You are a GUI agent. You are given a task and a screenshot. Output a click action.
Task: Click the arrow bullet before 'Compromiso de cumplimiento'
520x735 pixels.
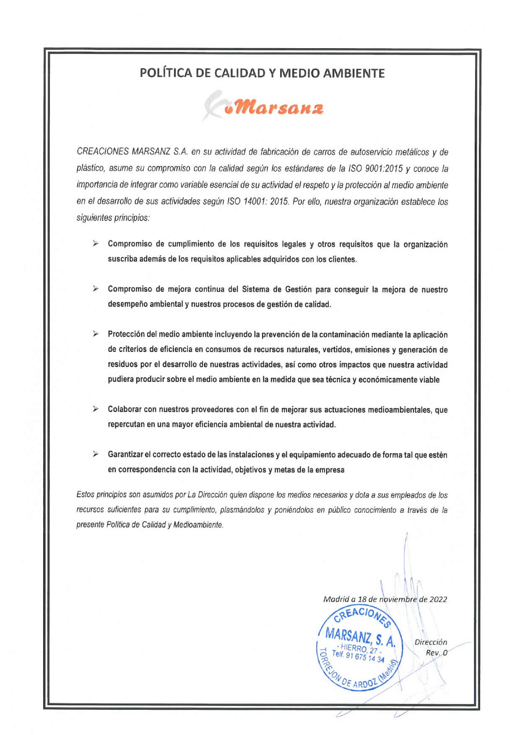point(96,244)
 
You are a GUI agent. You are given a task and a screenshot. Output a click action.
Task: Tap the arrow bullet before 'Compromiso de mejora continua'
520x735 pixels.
point(96,289)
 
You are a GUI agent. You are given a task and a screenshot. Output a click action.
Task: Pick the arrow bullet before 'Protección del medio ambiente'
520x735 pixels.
point(96,334)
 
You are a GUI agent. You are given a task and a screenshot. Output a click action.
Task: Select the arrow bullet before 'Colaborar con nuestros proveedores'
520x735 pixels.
point(96,409)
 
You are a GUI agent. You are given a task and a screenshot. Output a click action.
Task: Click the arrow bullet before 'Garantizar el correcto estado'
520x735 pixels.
point(96,454)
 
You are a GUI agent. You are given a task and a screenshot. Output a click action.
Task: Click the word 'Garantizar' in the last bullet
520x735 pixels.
point(125,455)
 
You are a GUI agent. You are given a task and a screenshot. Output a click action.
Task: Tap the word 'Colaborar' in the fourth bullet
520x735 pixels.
point(125,409)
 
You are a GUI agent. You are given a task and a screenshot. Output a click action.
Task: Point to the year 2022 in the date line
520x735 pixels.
point(438,599)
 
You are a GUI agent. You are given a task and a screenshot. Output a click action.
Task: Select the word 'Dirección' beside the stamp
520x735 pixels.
point(431,642)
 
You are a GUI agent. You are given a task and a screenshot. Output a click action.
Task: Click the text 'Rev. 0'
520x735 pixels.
point(437,652)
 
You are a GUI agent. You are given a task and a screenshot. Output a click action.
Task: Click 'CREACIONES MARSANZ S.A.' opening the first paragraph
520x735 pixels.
point(132,152)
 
